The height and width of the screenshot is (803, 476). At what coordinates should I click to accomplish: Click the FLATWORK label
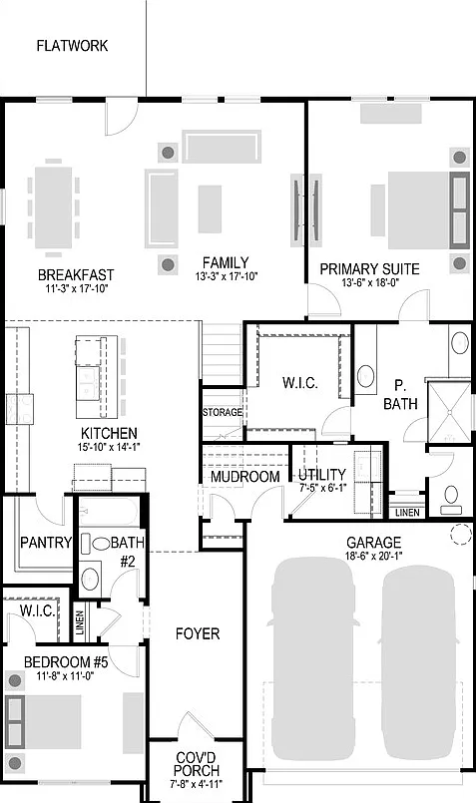[72, 46]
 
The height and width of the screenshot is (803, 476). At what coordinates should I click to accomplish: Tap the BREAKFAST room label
[76, 275]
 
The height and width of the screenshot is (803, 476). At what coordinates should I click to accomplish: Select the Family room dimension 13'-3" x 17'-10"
[226, 276]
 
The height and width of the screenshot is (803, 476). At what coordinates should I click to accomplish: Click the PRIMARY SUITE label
[369, 269]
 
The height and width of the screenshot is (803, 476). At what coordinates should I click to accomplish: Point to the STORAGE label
[223, 412]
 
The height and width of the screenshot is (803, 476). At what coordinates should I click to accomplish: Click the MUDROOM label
[245, 476]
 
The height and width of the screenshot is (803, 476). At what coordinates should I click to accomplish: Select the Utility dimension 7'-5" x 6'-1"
[322, 488]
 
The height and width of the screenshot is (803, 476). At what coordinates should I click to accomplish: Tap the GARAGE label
[373, 543]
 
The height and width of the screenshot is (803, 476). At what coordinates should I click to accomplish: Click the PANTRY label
[46, 543]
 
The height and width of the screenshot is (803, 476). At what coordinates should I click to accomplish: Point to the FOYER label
[198, 634]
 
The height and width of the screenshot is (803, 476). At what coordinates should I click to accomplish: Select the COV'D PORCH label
[197, 763]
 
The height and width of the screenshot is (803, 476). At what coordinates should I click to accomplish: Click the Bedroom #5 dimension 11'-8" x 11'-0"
[66, 676]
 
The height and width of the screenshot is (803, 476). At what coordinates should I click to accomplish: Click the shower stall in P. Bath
[449, 412]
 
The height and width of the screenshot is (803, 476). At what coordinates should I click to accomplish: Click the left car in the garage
[312, 658]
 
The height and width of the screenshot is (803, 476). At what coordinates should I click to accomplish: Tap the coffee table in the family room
[211, 208]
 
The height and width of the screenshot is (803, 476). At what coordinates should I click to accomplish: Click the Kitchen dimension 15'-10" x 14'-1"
[109, 447]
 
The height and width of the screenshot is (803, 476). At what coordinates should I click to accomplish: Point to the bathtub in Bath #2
[109, 512]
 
